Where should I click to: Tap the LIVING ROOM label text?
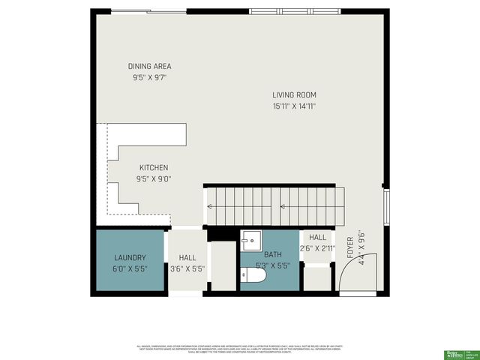[294, 95]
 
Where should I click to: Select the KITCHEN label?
[153, 168]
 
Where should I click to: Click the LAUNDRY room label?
[129, 257]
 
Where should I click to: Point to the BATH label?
[273, 255]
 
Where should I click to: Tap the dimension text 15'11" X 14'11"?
[294, 106]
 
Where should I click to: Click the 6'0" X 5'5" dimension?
[130, 268]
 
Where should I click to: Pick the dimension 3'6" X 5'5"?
[187, 268]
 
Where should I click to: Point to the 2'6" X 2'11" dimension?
[318, 248]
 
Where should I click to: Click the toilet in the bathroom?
[254, 276]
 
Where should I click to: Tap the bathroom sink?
[251, 241]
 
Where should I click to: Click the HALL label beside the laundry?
[187, 257]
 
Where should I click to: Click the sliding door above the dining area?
[148, 11]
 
